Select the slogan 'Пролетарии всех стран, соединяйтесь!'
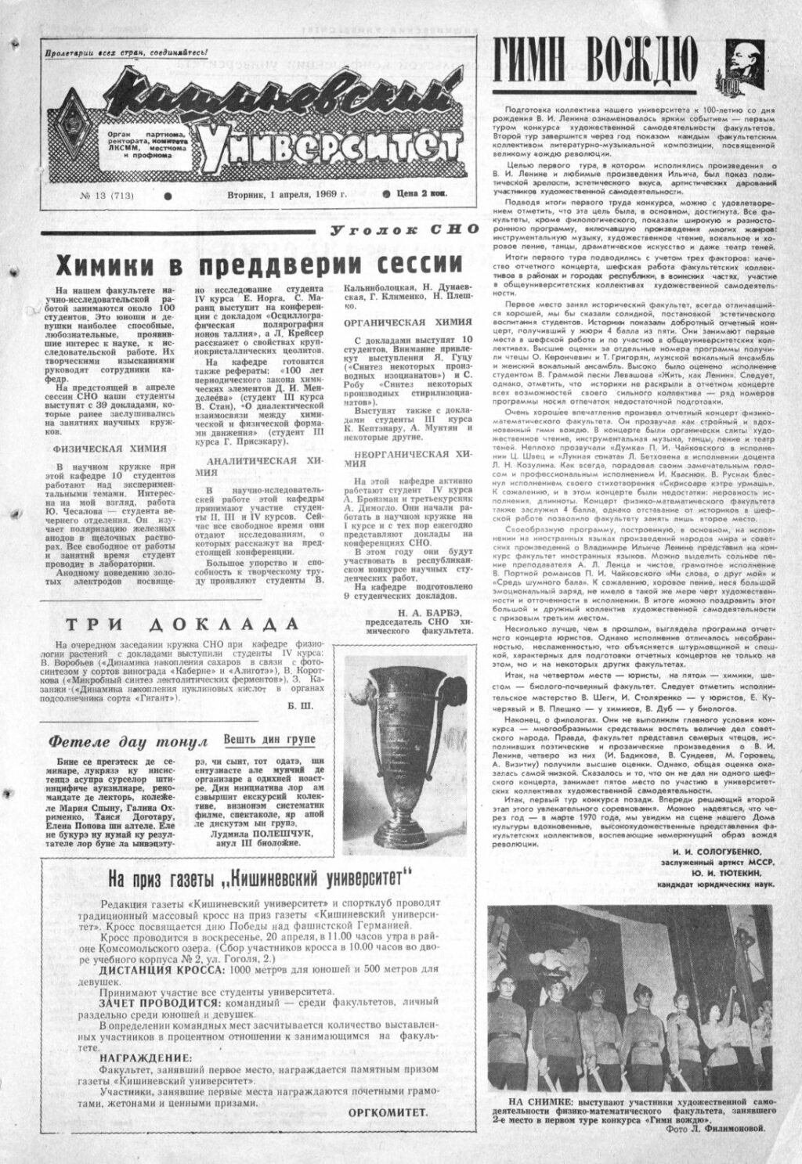(x=125, y=52)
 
